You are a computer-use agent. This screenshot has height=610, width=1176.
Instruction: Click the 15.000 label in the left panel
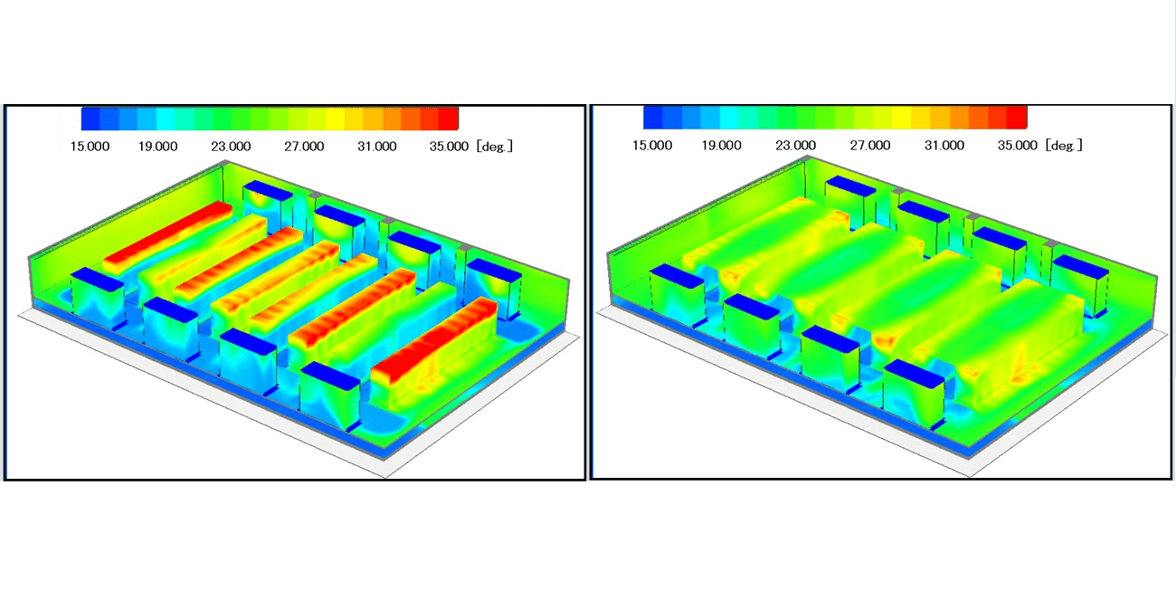(x=90, y=146)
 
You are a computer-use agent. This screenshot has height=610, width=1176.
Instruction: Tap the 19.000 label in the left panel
(x=157, y=146)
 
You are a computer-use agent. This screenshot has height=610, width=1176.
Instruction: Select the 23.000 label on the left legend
(x=231, y=146)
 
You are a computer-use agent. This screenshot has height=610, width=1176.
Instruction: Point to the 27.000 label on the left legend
(x=304, y=146)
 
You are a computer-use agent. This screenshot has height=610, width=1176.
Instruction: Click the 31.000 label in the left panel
(x=377, y=146)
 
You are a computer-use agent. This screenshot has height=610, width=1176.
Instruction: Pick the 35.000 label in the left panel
(x=449, y=146)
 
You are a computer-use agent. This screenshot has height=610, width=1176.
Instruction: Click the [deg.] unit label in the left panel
(x=495, y=146)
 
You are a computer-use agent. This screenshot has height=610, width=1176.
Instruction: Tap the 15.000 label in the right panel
(x=652, y=145)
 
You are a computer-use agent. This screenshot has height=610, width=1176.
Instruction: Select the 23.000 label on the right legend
(x=796, y=145)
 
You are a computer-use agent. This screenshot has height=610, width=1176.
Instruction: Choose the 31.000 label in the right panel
(x=944, y=145)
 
